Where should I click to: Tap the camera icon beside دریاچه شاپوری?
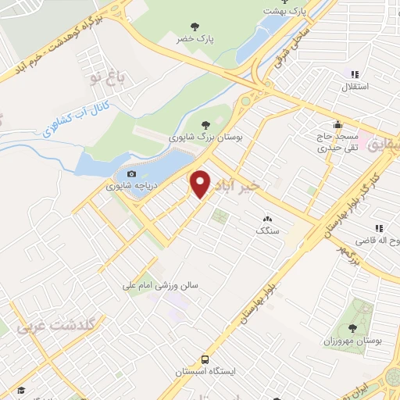click(131, 173)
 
